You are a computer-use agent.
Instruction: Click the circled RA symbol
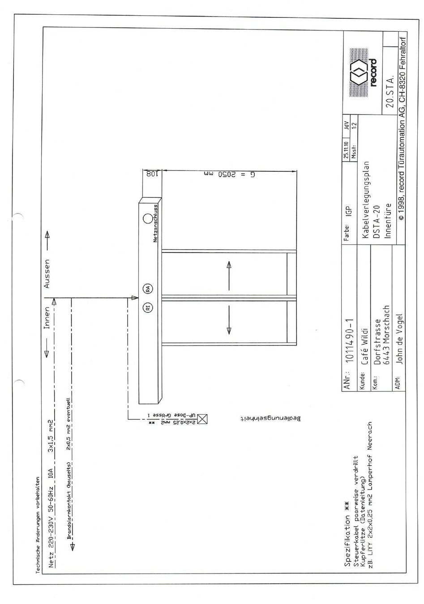147,289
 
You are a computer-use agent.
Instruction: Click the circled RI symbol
147,308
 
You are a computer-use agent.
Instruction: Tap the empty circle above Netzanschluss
148,219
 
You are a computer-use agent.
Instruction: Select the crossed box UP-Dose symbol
202,419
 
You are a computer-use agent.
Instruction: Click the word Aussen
47,274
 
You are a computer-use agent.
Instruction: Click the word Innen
47,318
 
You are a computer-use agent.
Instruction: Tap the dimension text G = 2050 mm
229,174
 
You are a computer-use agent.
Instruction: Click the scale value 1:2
354,126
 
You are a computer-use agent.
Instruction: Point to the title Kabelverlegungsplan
365,200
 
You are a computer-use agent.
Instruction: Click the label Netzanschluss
155,224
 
